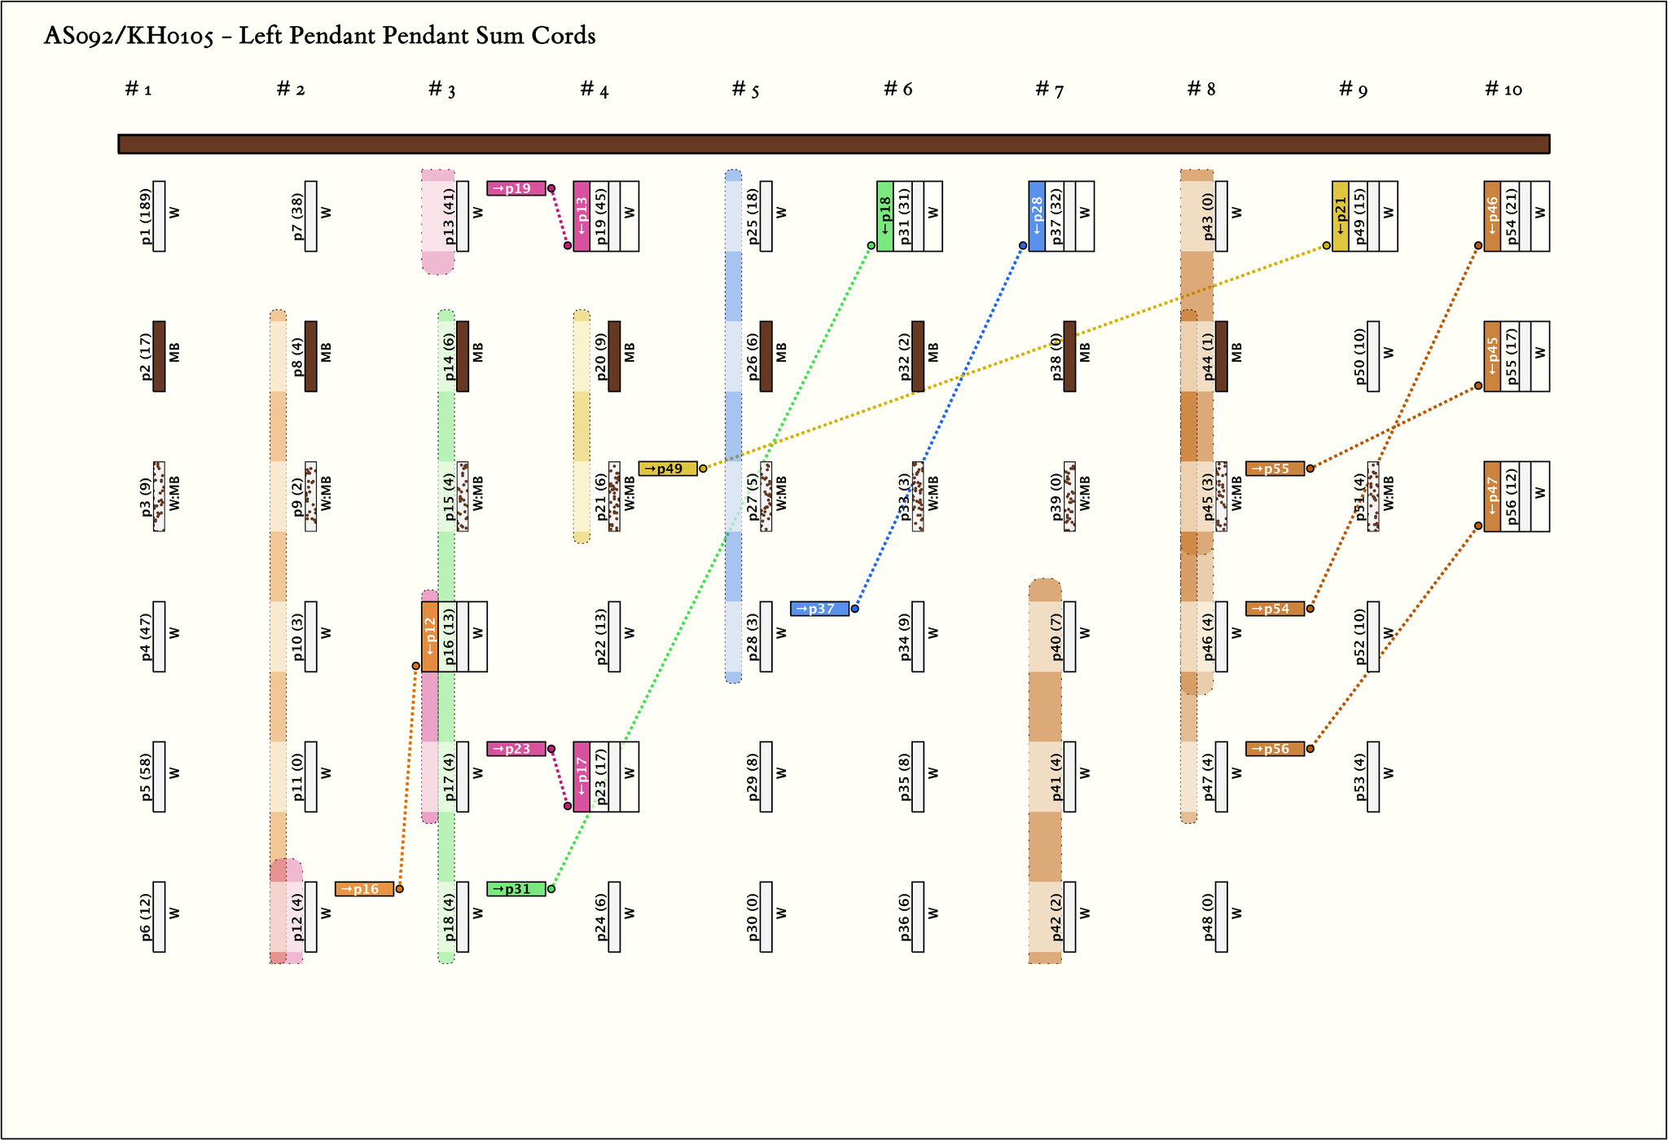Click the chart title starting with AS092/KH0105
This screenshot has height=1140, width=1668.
[319, 37]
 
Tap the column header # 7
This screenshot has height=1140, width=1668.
[1049, 90]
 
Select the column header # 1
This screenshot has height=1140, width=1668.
[138, 90]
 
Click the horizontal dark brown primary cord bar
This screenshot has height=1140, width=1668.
[833, 144]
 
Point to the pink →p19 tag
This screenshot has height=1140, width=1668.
[516, 188]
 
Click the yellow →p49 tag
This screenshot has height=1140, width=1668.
[668, 469]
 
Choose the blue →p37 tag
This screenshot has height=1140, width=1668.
[819, 609]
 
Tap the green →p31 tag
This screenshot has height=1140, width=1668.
[516, 889]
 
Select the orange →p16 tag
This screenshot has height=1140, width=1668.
[364, 889]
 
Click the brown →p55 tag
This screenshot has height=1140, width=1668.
[1275, 469]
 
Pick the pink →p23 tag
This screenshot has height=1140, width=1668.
[516, 749]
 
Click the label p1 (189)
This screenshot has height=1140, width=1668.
[146, 217]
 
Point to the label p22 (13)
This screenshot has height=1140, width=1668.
[601, 637]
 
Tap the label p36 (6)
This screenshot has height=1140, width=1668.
[905, 918]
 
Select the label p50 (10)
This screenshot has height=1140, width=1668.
[1360, 357]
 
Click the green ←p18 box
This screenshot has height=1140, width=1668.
[884, 217]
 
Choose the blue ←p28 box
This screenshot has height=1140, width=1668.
[1037, 217]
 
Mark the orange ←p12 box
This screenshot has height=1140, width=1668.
[429, 637]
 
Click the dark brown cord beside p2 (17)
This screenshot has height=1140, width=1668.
[159, 357]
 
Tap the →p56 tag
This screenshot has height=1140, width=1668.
[1275, 749]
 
